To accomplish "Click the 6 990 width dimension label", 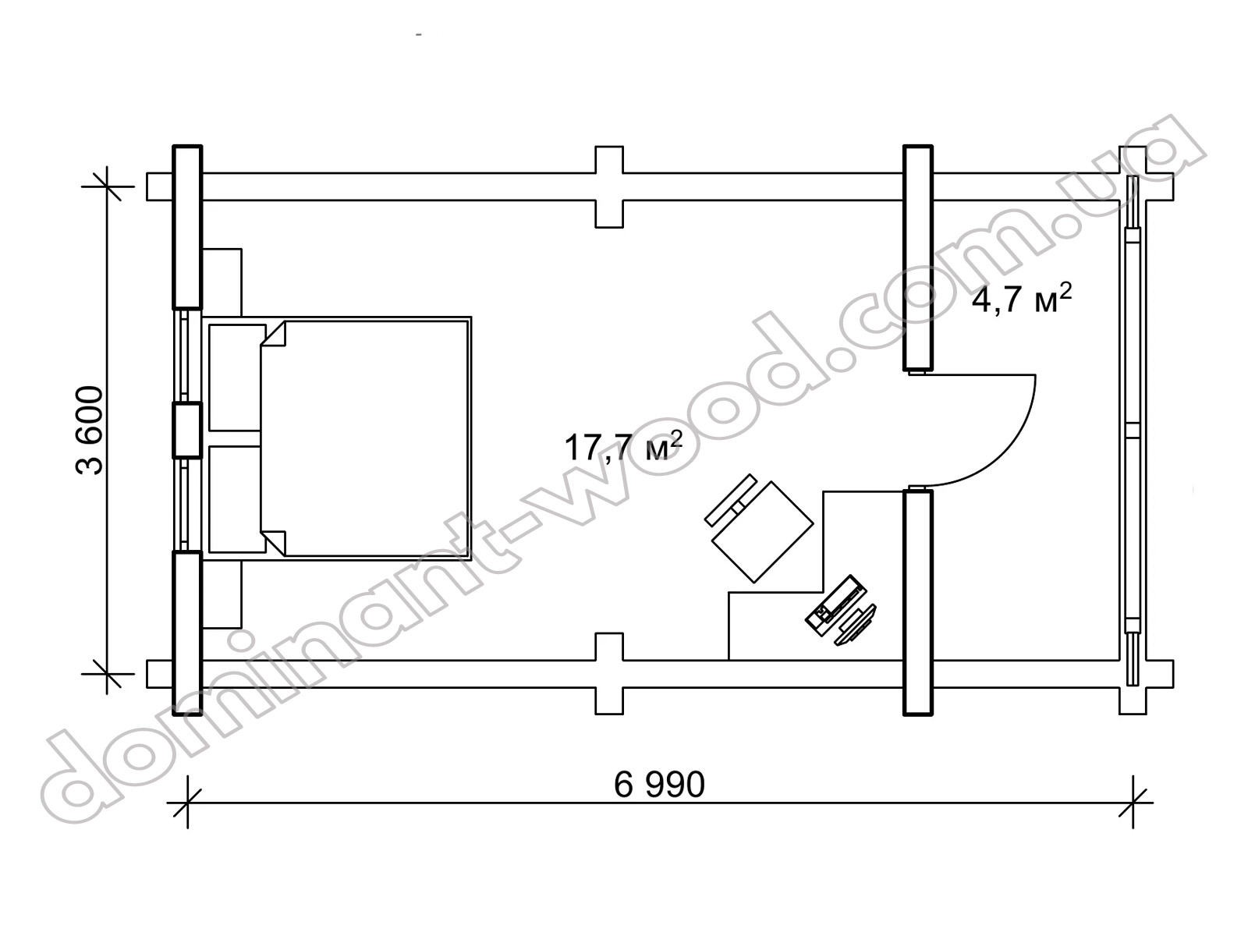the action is [x=659, y=785].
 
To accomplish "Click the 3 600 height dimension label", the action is [x=90, y=431].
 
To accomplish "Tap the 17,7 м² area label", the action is [x=622, y=446].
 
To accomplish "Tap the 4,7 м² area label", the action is [x=1021, y=299].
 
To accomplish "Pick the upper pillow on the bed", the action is [x=238, y=378].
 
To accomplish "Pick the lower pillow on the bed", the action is [x=238, y=499].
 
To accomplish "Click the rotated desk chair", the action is [x=759, y=529].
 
